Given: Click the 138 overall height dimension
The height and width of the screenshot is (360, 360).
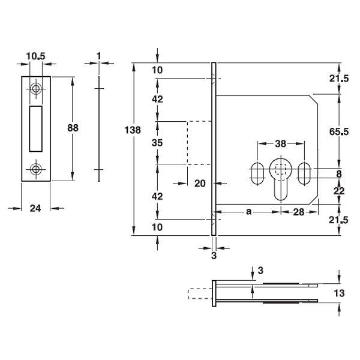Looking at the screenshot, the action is coord(133,130).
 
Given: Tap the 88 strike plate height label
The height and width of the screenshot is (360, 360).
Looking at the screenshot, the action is coord(73,128).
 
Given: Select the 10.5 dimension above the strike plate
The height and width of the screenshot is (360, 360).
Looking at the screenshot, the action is coord(35,56).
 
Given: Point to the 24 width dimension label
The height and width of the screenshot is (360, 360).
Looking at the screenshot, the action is coord(35,208).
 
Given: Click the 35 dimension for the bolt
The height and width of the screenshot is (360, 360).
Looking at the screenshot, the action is coord(157,143).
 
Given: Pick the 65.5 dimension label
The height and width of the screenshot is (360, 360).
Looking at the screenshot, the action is coord(339,131).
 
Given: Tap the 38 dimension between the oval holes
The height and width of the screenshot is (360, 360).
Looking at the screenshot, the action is coord(281,144).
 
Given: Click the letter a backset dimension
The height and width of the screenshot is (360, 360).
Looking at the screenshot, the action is coord(248,212).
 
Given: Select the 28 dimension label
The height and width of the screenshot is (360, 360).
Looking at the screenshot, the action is coord(299,212).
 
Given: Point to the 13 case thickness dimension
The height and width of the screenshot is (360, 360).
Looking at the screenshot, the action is coord(339,293).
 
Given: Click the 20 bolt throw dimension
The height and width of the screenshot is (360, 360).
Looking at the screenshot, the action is coord(200,184).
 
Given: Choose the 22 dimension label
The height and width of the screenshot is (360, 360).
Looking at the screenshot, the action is coord(339,191).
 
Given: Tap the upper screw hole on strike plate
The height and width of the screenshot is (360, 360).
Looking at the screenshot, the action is coord(35,88).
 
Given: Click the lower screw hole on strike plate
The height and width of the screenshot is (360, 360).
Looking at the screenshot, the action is coord(35,169).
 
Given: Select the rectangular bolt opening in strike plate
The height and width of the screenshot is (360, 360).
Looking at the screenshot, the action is coord(35,129).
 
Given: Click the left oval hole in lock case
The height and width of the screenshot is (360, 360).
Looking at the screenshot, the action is coord(257,173).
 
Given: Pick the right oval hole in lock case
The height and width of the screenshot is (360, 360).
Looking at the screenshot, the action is coord(304,173).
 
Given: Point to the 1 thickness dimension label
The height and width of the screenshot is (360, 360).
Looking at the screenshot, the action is coord(99,56).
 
